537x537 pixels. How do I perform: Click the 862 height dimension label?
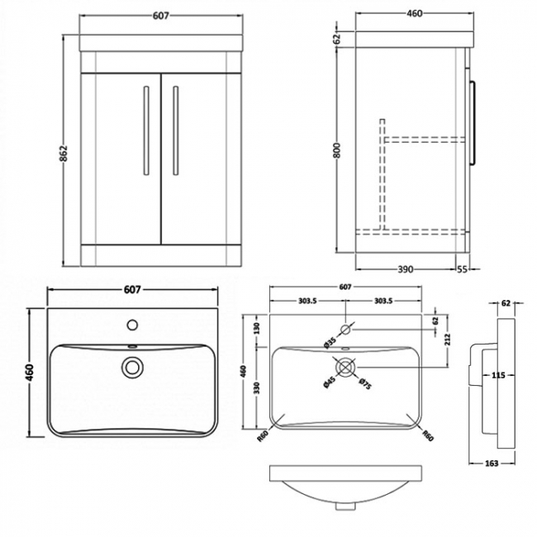64,153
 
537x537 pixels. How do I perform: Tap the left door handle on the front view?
146,131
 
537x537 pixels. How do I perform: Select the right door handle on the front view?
176,131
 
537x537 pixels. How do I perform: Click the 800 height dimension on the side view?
337,150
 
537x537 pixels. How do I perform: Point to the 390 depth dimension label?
405,269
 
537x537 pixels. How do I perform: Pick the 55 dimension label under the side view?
462,269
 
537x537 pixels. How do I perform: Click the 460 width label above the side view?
415,14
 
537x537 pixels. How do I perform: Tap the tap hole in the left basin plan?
132,325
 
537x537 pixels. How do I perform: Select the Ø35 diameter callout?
330,343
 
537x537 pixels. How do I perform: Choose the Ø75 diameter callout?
365,383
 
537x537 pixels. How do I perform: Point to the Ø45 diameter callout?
329,382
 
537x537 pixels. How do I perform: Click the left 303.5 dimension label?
307,301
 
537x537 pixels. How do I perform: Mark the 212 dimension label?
448,339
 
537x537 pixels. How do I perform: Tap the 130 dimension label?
257,328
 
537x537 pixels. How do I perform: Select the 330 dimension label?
257,387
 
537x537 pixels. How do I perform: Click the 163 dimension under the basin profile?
492,463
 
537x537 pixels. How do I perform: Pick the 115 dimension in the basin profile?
498,375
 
